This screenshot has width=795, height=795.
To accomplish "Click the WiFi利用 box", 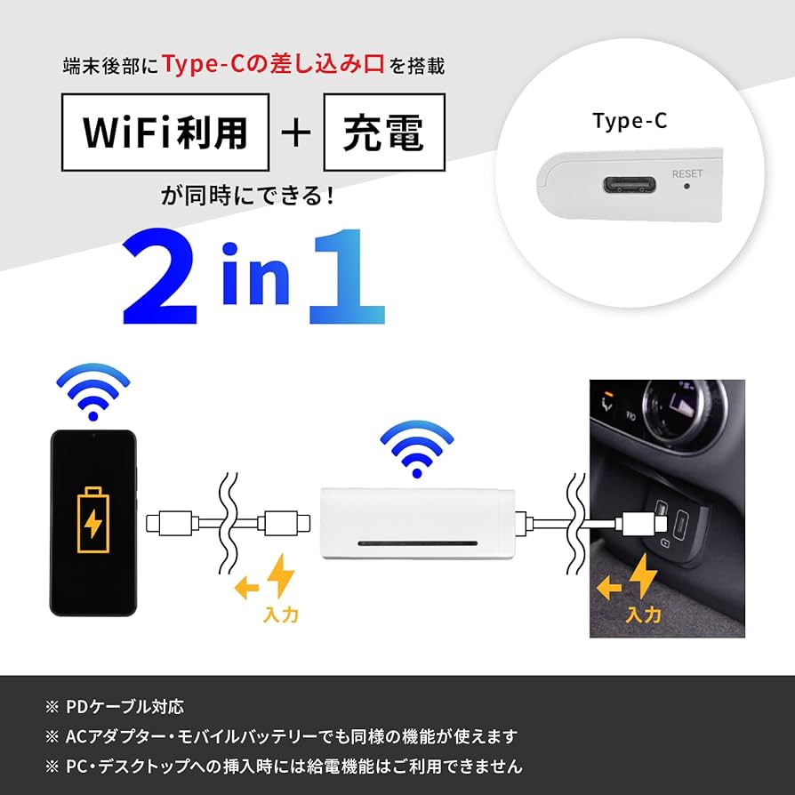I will pos(165,132).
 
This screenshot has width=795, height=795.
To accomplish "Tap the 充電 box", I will pos(383,132).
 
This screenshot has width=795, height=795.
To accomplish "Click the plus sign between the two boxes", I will pos(296,132).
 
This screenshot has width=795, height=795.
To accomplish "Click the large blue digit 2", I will pos(160,277).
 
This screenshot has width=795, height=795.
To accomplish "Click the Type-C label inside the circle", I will pos(630,122).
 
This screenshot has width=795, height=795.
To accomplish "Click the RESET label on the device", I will pos(687,174).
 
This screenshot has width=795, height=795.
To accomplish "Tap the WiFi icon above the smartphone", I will pos(92,391).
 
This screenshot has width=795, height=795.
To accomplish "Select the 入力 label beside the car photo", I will pos(643,614).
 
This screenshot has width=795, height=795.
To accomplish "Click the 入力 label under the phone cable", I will pos(281,614).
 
